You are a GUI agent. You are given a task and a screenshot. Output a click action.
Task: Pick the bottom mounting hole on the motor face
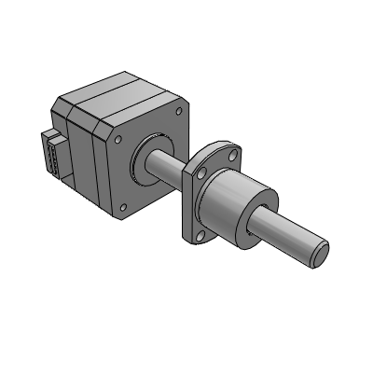coord(124,201)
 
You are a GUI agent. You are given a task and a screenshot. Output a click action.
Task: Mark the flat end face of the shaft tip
coord(321,248)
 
